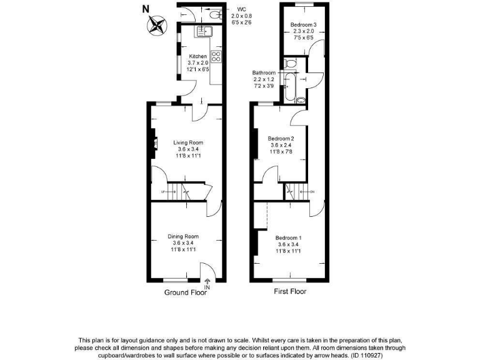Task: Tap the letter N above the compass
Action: pyautogui.click(x=146, y=9)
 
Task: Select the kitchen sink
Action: pyautogui.click(x=204, y=31)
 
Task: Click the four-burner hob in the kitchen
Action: pyautogui.click(x=216, y=57)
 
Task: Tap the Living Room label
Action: pyautogui.click(x=188, y=142)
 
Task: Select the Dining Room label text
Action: pyautogui.click(x=183, y=236)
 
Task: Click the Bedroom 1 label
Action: pyautogui.click(x=289, y=237)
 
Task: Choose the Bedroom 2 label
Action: pyautogui.click(x=281, y=138)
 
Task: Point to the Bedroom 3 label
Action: pyautogui.click(x=303, y=25)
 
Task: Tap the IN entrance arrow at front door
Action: pyautogui.click(x=207, y=285)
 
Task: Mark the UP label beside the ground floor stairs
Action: pyautogui.click(x=164, y=191)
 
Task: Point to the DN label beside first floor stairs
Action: pyautogui.click(x=312, y=191)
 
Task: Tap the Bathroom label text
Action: pyautogui.click(x=264, y=72)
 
